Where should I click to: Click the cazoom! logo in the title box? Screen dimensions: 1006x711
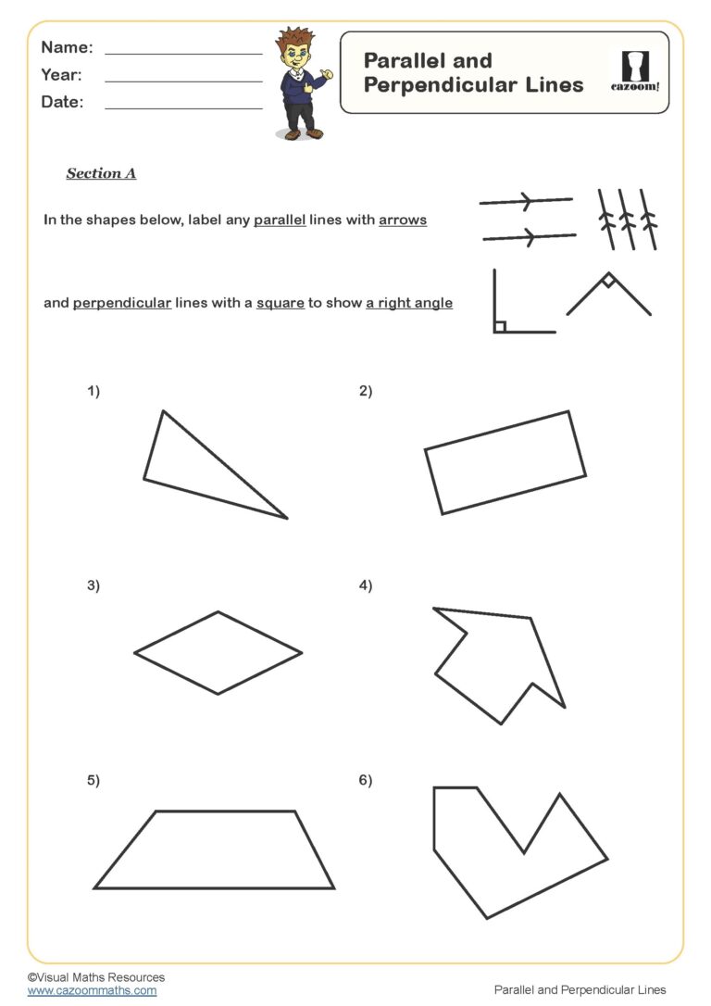635,71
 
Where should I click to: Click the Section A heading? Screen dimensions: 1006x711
101,173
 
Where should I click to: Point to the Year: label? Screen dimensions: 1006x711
61,75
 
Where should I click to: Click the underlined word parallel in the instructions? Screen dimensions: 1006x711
280,220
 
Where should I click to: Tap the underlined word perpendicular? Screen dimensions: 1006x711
122,303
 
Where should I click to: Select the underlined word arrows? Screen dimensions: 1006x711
403,220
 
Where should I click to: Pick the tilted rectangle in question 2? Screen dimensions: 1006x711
505,463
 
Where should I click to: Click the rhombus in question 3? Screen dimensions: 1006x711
218,653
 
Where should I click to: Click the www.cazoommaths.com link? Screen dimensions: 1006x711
92,990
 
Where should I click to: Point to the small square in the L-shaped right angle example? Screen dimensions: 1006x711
500,326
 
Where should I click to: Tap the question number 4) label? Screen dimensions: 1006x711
366,585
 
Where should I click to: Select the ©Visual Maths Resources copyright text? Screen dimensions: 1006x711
96,977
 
